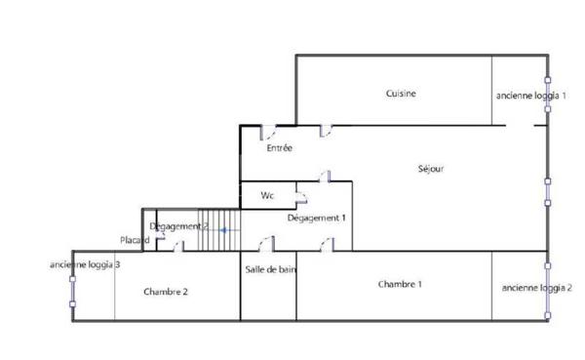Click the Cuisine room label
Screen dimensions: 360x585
click(401, 94)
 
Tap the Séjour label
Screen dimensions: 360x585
click(430, 169)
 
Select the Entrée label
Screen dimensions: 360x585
click(280, 148)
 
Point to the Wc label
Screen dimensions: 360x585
click(267, 196)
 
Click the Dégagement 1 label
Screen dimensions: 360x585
click(317, 218)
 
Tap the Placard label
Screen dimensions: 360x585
click(135, 240)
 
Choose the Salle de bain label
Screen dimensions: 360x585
click(270, 270)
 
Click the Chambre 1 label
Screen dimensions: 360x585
click(400, 284)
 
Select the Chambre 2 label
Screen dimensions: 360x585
click(166, 292)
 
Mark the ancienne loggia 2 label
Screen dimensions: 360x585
click(536, 288)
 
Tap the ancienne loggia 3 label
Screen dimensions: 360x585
click(86, 264)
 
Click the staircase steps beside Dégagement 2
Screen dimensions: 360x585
click(219, 230)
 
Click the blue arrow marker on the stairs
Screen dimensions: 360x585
click(224, 230)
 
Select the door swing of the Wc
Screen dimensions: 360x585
click(303, 200)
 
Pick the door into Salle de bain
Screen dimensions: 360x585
click(266, 244)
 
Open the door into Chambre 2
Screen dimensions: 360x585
click(177, 248)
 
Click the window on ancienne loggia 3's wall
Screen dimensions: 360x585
click(72, 291)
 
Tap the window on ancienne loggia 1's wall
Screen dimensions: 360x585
click(547, 94)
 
